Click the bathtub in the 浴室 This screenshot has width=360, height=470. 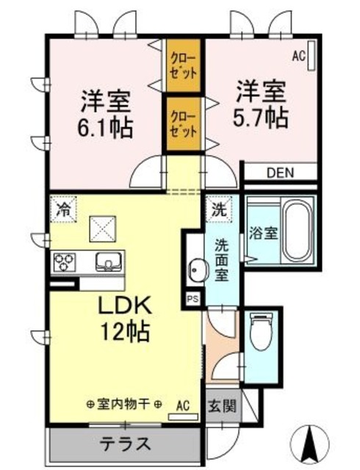tap(298, 231)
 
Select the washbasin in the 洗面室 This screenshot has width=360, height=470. tap(197, 270)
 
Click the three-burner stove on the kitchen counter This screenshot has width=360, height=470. tap(64, 261)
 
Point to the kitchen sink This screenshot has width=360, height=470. tap(109, 261)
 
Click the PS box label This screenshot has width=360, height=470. tap(192, 299)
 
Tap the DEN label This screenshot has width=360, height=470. tap(280, 173)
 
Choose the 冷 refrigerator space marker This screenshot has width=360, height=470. tap(63, 209)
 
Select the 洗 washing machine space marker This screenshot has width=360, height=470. tap(219, 209)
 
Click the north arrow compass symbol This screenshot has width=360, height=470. tap(309, 443)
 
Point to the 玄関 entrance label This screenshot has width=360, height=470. tap(223, 406)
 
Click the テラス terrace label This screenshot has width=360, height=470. tap(125, 444)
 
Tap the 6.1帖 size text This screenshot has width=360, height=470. tap(105, 128)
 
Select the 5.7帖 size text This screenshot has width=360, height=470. tap(261, 117)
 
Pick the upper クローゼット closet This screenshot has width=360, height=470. tap(184, 65)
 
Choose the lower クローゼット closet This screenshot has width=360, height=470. tap(184, 124)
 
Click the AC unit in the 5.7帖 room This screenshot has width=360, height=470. tap(312, 56)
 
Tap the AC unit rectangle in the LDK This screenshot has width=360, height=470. tap(183, 416)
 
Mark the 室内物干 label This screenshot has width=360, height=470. tap(124, 405)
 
